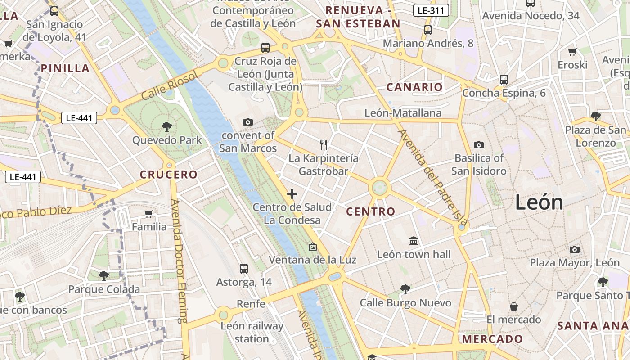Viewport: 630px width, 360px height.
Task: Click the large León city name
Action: pos(539,202)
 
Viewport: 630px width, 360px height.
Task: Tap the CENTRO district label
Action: pos(371,211)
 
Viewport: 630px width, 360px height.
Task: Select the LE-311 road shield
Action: pos(431,10)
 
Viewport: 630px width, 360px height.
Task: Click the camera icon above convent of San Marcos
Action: pos(247,122)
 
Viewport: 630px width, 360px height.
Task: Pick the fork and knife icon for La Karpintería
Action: pos(323,144)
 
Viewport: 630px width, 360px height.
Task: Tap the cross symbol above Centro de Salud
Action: pos(292,194)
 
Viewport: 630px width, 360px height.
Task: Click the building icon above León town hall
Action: pos(414,241)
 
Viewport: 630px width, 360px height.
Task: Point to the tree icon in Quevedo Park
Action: pos(167,126)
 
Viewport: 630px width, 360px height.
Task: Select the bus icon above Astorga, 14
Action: pos(244,269)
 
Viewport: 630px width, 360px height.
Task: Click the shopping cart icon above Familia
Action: pos(149,213)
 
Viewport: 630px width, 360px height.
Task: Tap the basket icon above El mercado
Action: pos(513,306)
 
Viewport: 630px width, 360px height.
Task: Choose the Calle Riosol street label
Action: pos(169,86)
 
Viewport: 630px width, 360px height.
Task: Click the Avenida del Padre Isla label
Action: pos(432,178)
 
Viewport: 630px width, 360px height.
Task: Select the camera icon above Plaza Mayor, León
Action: pos(574,249)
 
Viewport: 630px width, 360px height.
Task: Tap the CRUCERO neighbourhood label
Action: pos(169,175)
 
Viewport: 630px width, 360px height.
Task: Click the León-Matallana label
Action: pos(403,112)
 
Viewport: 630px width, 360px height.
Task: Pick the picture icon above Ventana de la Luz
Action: pos(312,247)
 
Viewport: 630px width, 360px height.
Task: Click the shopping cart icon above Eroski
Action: pos(572,52)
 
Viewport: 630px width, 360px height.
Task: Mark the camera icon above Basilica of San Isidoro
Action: pos(479,145)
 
